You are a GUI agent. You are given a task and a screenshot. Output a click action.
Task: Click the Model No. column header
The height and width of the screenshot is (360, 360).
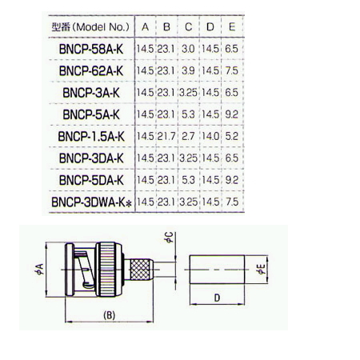pos(90,27)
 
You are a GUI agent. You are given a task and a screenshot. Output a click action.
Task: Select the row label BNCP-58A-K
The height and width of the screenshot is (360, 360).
pos(91,49)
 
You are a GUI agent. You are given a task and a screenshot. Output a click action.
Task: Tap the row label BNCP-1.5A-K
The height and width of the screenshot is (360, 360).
pos(91,137)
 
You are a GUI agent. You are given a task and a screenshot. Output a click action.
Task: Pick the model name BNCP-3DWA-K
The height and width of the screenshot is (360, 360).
pos(88,202)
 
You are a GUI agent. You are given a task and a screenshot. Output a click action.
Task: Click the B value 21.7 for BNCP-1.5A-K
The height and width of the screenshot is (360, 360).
pos(166,136)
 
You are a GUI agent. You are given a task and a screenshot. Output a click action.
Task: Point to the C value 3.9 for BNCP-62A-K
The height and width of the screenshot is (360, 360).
pos(188,70)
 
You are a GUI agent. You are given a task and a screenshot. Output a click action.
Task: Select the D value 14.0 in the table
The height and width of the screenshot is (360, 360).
pos(210,136)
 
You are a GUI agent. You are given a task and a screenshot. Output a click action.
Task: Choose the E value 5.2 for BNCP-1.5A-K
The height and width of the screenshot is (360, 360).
pos(231,136)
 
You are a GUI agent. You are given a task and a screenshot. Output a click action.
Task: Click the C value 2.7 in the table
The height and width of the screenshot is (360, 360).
pos(188,136)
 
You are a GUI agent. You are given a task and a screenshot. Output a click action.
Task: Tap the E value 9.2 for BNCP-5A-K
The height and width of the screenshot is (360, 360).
pos(231,114)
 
